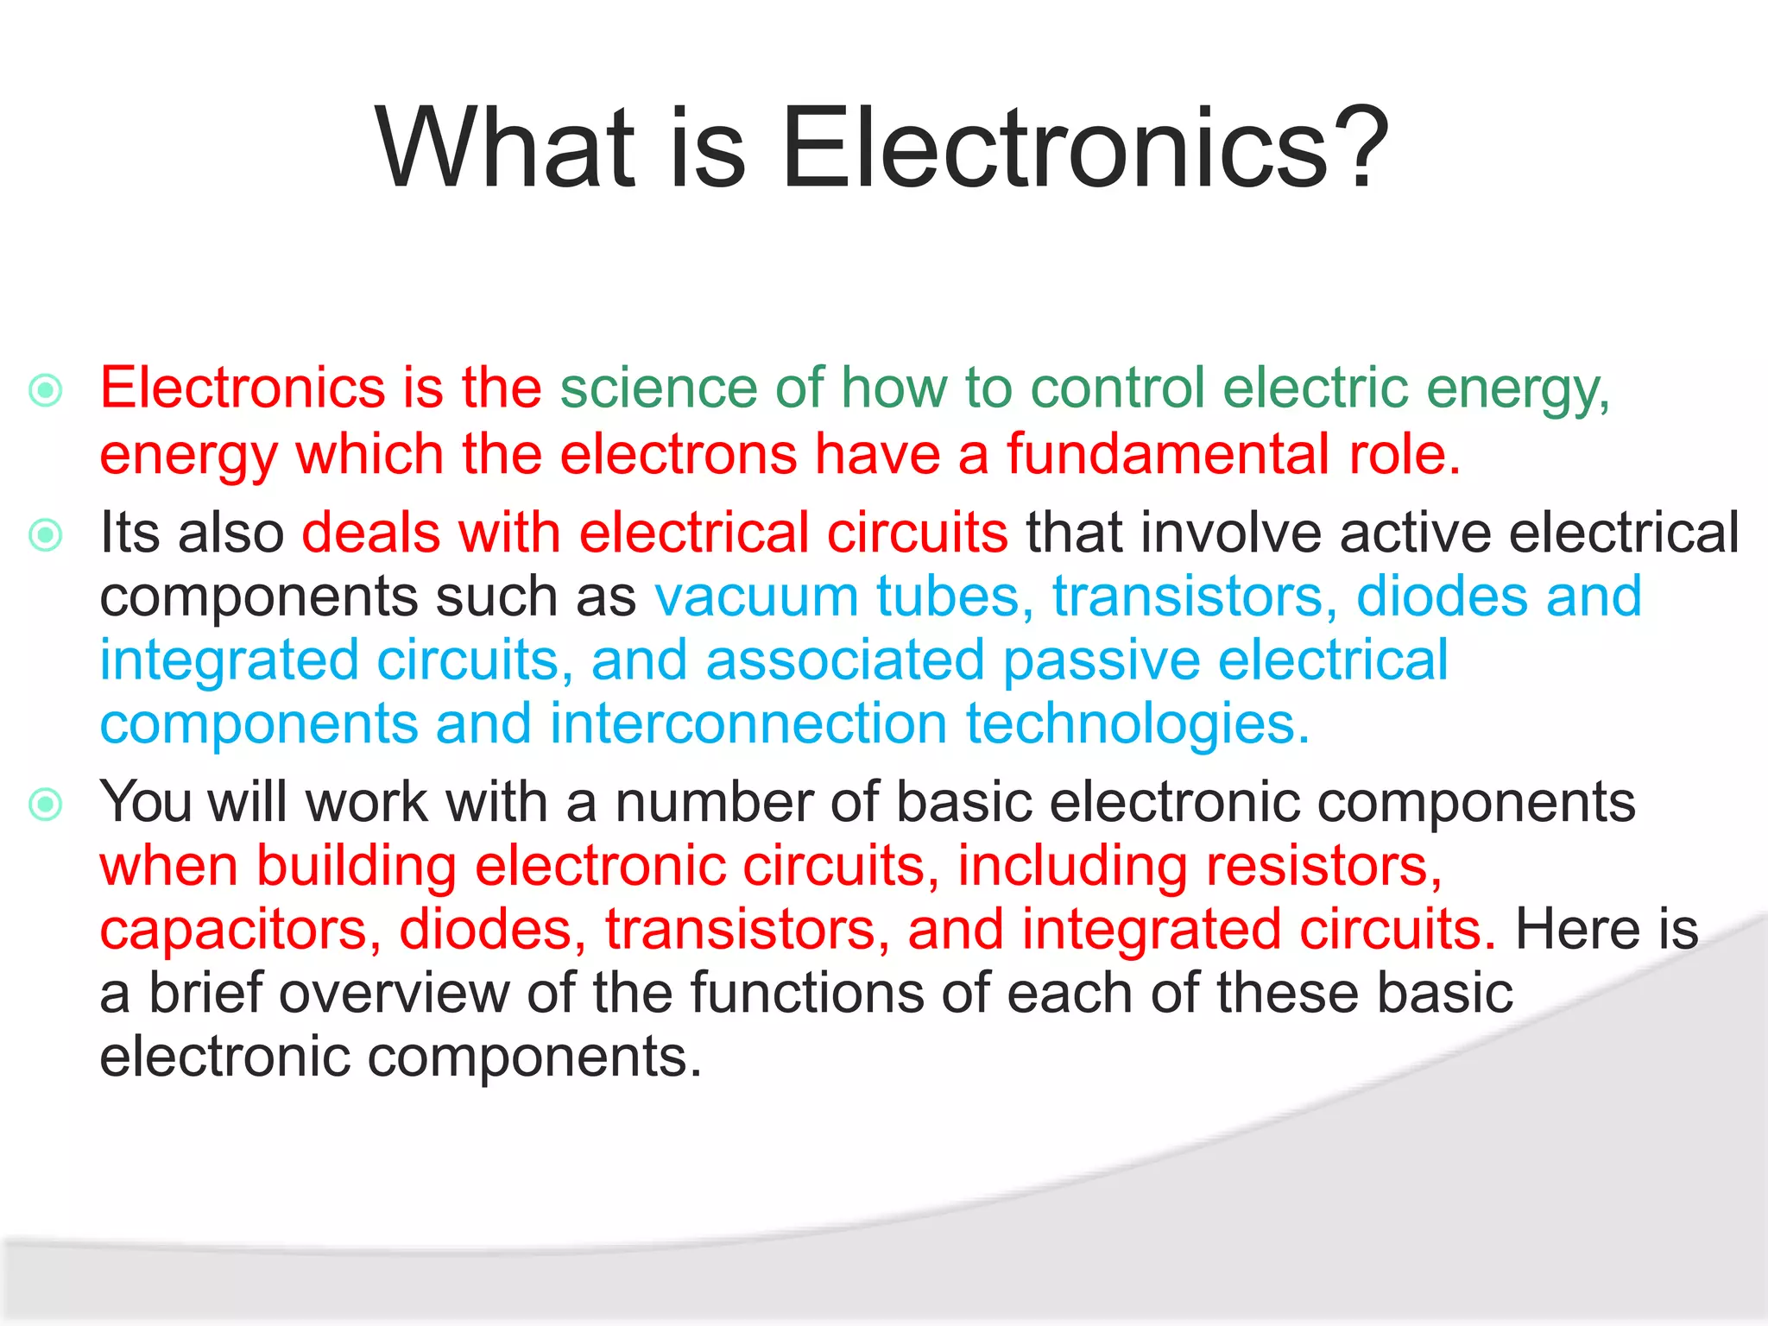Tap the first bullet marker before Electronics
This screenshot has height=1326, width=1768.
click(x=46, y=390)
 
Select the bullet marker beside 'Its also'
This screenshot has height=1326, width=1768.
click(x=46, y=535)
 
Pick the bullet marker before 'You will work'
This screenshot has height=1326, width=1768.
click(x=46, y=805)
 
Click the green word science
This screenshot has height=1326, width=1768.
click(x=658, y=388)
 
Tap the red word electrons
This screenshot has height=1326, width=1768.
click(x=679, y=454)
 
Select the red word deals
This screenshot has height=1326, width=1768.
click(x=370, y=533)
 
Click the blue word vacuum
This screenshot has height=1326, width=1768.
click(x=755, y=597)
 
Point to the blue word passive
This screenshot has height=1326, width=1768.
click(x=1102, y=661)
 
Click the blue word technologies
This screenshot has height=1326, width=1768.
click(x=1137, y=725)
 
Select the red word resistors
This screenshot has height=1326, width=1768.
click(x=1323, y=866)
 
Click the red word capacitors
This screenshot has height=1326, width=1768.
click(x=240, y=931)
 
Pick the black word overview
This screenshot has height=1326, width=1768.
click(x=394, y=993)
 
